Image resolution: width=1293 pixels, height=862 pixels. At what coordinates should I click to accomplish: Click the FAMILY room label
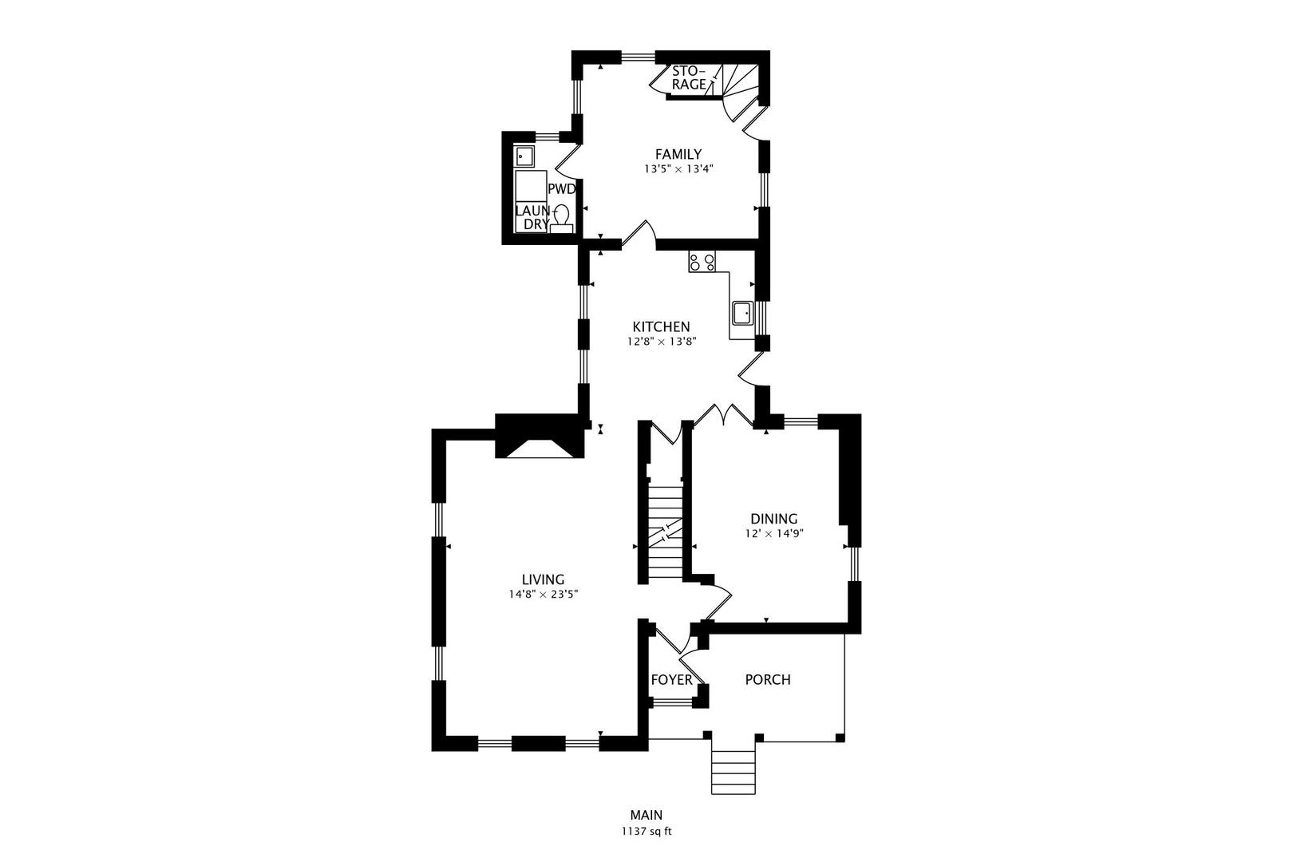678,154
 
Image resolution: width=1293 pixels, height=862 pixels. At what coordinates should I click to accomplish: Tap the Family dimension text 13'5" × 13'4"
678,169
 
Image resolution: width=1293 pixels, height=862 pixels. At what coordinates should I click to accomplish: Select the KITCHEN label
661,326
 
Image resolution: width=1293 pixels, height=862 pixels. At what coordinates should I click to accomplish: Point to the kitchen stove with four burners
702,261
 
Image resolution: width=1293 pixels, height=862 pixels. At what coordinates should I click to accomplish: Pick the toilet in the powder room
562,216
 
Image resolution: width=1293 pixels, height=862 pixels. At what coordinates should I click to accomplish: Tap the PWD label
561,189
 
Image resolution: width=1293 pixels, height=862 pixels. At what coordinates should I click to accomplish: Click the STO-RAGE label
688,77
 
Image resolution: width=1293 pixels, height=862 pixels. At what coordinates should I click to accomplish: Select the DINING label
773,519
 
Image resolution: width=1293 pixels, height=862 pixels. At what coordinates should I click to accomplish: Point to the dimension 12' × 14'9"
773,534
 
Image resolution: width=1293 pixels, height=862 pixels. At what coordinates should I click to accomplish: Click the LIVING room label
543,579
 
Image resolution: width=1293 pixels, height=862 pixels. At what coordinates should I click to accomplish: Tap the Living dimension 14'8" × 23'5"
543,594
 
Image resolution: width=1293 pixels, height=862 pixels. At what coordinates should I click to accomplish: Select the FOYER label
671,680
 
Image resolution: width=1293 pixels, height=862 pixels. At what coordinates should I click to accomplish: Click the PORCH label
767,680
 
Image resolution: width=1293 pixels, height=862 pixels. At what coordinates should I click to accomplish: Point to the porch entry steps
733,770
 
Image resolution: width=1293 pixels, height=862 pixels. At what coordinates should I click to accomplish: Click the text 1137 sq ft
646,831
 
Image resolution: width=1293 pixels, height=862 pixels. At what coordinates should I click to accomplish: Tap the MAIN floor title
646,815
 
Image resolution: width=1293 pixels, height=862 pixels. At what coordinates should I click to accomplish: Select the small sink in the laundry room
524,156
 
